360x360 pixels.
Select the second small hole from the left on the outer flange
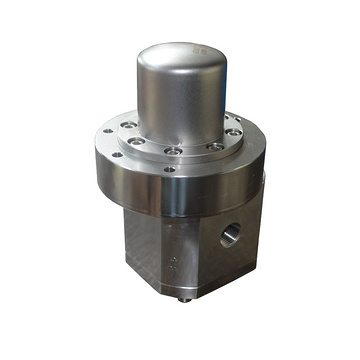119,154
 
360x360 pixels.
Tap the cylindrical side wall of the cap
185,100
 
